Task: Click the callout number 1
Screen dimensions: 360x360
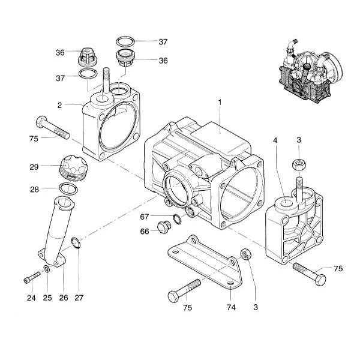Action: click(220, 103)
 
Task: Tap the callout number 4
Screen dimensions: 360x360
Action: click(275, 140)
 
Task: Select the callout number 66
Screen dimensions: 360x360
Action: click(144, 232)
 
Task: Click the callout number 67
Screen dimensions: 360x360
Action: click(144, 216)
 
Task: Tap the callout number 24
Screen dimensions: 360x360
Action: click(31, 298)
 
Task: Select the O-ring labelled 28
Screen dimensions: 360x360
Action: click(68, 190)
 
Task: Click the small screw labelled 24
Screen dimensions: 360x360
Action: click(32, 277)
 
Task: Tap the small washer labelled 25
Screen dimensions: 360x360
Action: click(47, 269)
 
